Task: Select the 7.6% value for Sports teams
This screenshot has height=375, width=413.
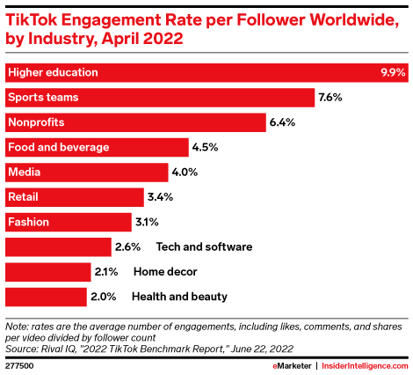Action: (x=332, y=97)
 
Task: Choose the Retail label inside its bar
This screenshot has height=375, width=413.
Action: (x=23, y=196)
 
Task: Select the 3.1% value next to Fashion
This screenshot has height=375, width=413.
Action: (x=146, y=222)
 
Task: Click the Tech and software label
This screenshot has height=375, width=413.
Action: (x=204, y=246)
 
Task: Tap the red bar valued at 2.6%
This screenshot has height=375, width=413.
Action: (x=58, y=246)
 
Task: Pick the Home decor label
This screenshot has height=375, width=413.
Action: (x=165, y=271)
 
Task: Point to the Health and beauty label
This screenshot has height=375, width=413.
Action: (x=179, y=297)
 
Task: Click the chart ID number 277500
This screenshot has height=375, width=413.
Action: (x=19, y=361)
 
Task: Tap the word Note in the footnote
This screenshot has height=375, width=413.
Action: (x=18, y=326)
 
